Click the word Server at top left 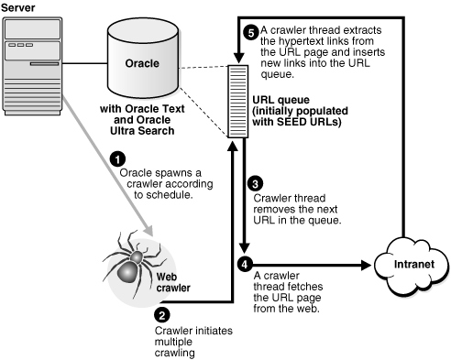[x=18, y=7]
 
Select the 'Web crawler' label [x=173, y=281]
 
